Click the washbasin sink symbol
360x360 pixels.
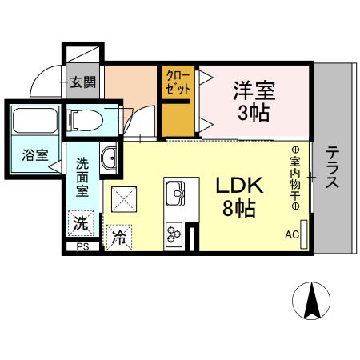[x=109, y=158]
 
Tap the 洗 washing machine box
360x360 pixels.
[x=82, y=221]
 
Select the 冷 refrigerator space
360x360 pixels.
[x=118, y=236]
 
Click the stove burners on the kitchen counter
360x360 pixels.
[x=174, y=232]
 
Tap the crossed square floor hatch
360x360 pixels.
[x=124, y=197]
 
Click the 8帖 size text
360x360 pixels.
[x=238, y=210]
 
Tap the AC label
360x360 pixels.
[x=292, y=234]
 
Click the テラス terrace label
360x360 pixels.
[x=332, y=166]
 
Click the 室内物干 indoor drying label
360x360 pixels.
[x=294, y=178]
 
